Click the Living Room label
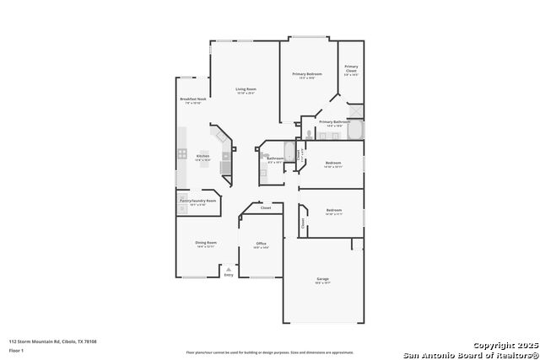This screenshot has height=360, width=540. [246, 89]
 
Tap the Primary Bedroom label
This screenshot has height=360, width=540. [307, 74]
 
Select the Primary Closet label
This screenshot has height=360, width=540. [351, 69]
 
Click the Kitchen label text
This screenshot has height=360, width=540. [202, 156]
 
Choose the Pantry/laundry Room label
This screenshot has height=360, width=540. [197, 201]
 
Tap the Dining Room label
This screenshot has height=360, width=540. [207, 243]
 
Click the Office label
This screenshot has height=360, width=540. [261, 243]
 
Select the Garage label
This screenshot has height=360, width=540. [322, 278]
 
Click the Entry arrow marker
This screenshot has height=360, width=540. [228, 269]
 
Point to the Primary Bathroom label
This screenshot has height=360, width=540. [334, 121]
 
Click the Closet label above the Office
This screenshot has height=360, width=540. [265, 207]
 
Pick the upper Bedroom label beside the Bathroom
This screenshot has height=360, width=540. [332, 163]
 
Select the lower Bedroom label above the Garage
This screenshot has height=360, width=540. [334, 210]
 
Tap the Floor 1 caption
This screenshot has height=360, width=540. [16, 349]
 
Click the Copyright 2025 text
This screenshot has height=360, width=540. [505, 346]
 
